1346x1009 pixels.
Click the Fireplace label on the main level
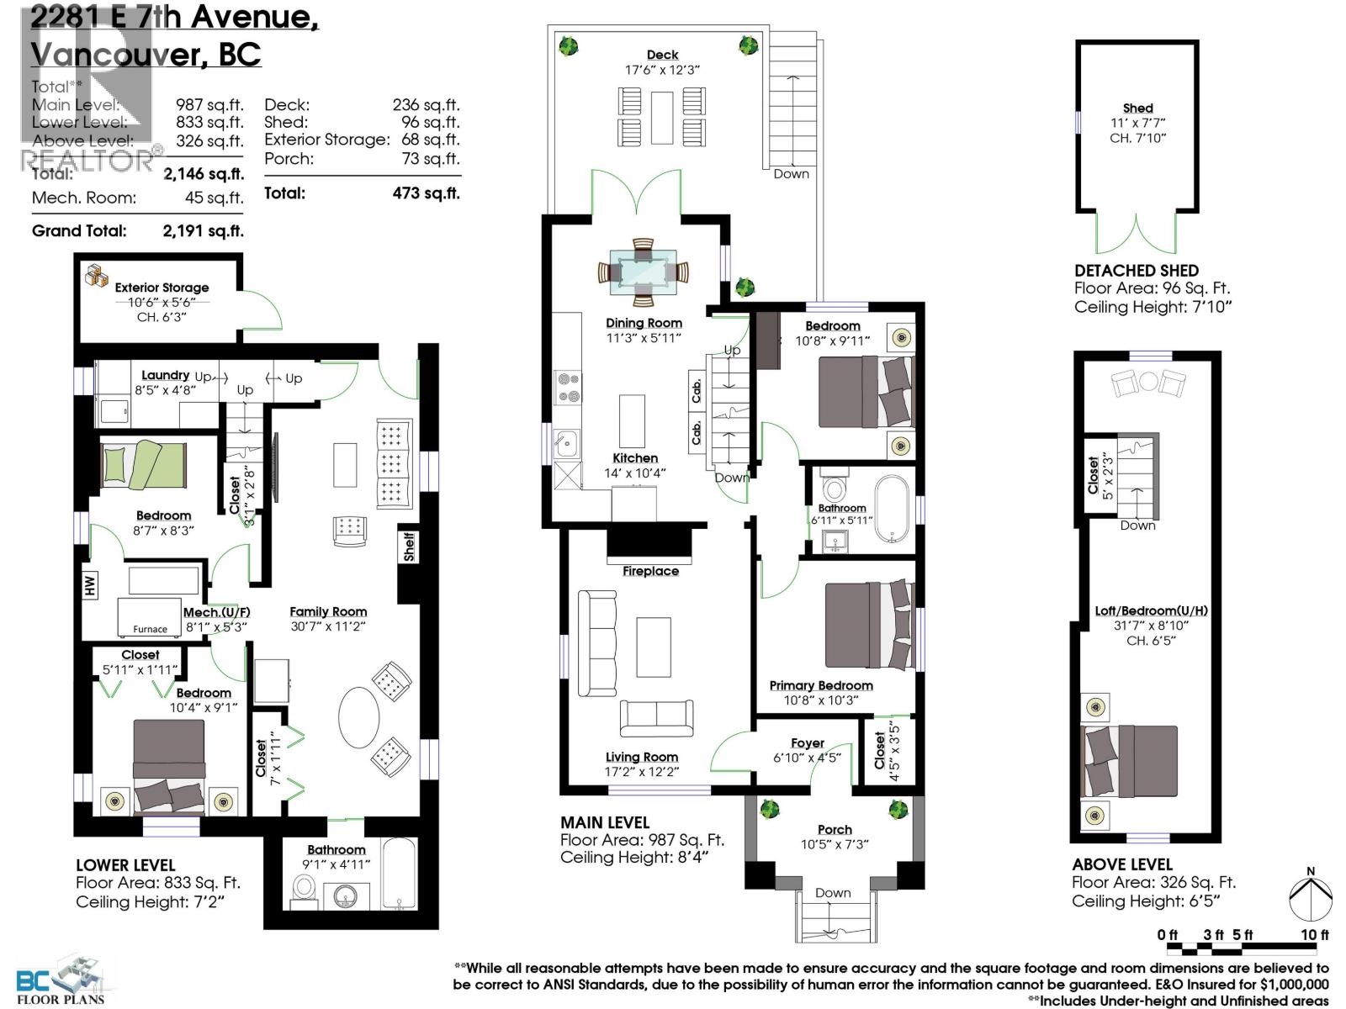tap(650, 571)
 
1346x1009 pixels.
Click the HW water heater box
tap(90, 584)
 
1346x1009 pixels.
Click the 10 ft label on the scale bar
tap(1314, 935)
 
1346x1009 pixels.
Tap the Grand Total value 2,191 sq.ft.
tap(203, 230)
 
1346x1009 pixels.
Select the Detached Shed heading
tap(1136, 271)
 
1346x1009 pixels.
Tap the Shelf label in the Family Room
tap(409, 547)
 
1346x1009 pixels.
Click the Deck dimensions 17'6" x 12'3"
tap(662, 71)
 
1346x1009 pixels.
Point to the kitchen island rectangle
tap(633, 421)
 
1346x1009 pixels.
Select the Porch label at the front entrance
tap(834, 829)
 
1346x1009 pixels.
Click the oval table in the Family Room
tap(359, 718)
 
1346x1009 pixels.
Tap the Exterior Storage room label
tap(162, 288)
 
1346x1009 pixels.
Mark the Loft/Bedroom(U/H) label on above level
tap(1151, 610)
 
